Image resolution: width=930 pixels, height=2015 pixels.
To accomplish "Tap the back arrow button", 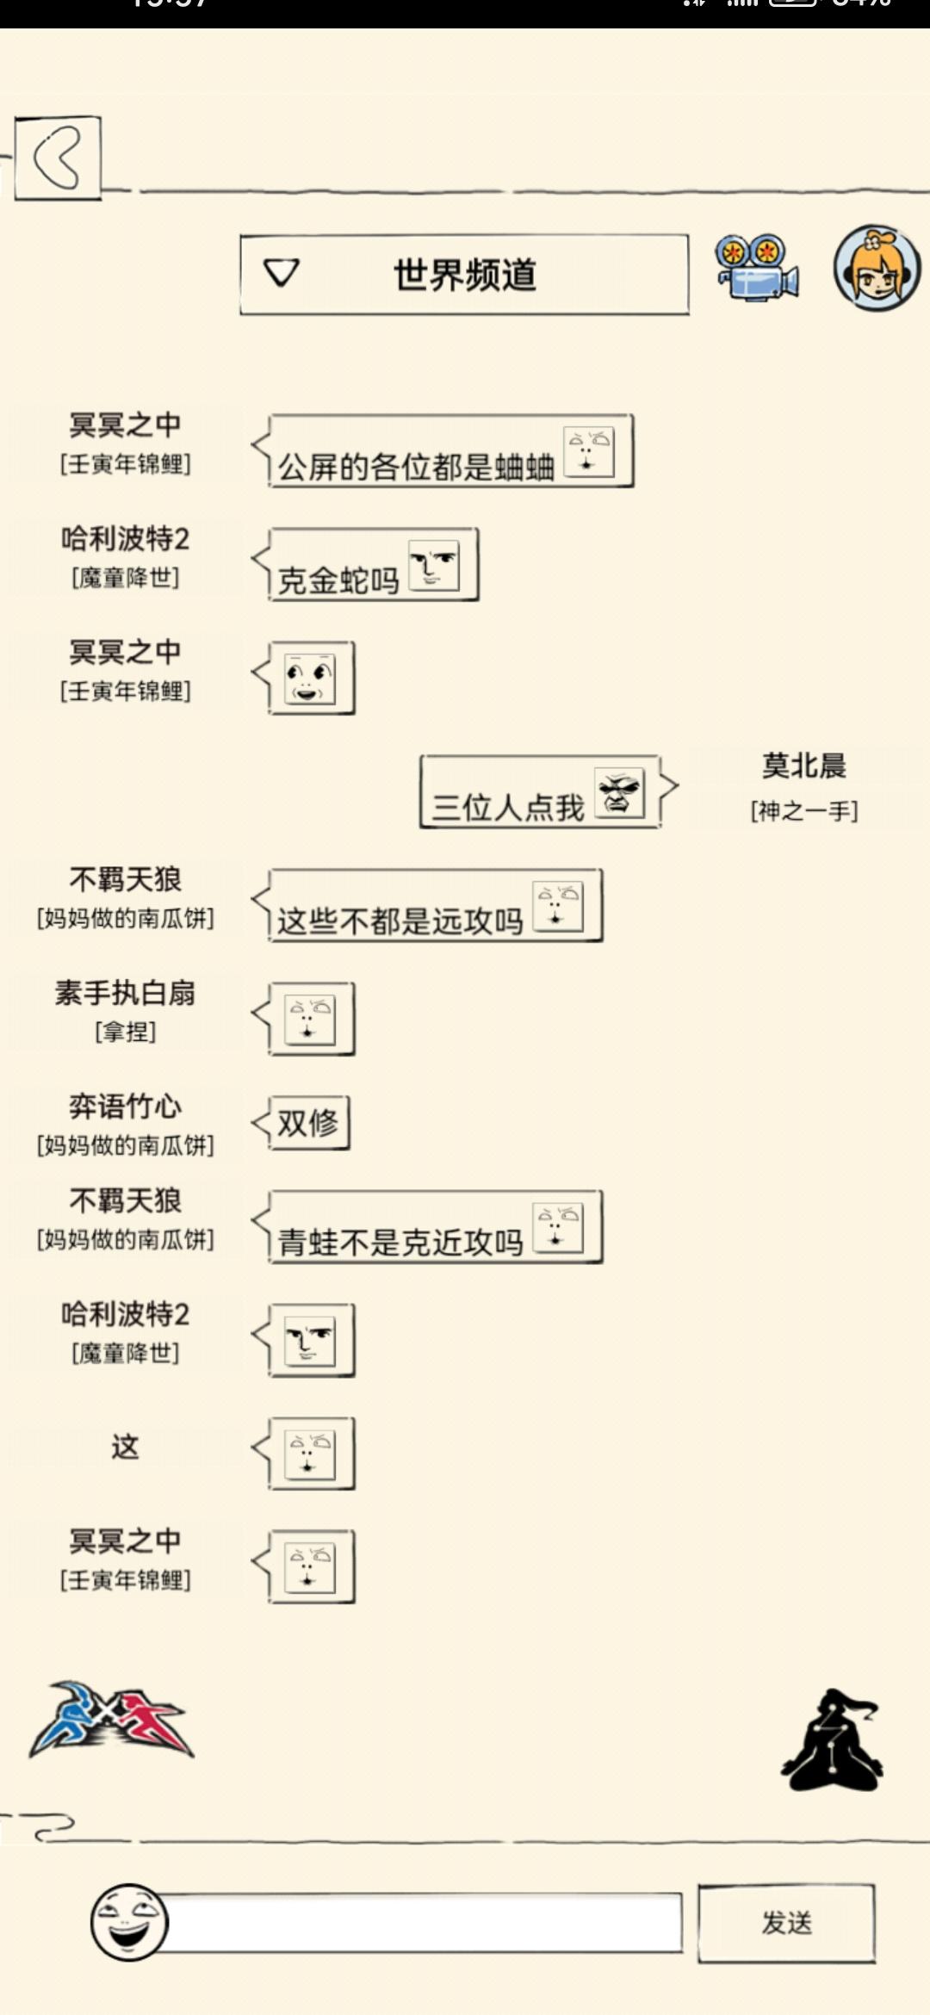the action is coord(58,158).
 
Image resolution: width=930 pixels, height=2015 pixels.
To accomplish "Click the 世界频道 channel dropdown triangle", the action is coord(281,273).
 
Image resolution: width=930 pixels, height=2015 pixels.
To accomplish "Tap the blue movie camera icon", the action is coord(756,268).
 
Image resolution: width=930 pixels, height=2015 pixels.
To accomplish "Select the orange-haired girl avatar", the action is coord(877,268).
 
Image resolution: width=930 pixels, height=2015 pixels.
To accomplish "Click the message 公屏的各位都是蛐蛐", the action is coord(416,467).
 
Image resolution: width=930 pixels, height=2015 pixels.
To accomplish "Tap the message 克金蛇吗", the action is coord(338,580).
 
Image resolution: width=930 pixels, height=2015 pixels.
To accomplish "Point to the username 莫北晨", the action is coord(804,766).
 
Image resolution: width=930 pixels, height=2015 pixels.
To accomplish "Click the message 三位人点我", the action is coord(508,808).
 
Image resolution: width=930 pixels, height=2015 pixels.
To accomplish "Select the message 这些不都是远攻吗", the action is coord(400,921).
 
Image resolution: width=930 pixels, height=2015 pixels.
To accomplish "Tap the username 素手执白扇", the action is coord(125,993).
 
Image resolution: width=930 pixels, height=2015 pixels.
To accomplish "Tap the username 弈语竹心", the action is coord(125,1107).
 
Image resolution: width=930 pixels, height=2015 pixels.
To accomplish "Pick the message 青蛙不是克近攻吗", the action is coord(400,1243).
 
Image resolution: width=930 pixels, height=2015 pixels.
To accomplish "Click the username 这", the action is coord(125,1447).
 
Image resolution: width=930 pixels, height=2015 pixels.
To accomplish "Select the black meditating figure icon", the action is coord(832,1740).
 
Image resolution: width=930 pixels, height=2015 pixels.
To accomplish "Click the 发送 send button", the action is coord(786,1923).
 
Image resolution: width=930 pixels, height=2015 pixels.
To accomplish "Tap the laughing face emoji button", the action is coord(129,1922).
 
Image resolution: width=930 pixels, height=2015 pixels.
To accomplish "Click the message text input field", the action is coord(422,1922).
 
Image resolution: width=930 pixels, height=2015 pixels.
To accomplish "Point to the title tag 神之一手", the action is coord(804,810).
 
